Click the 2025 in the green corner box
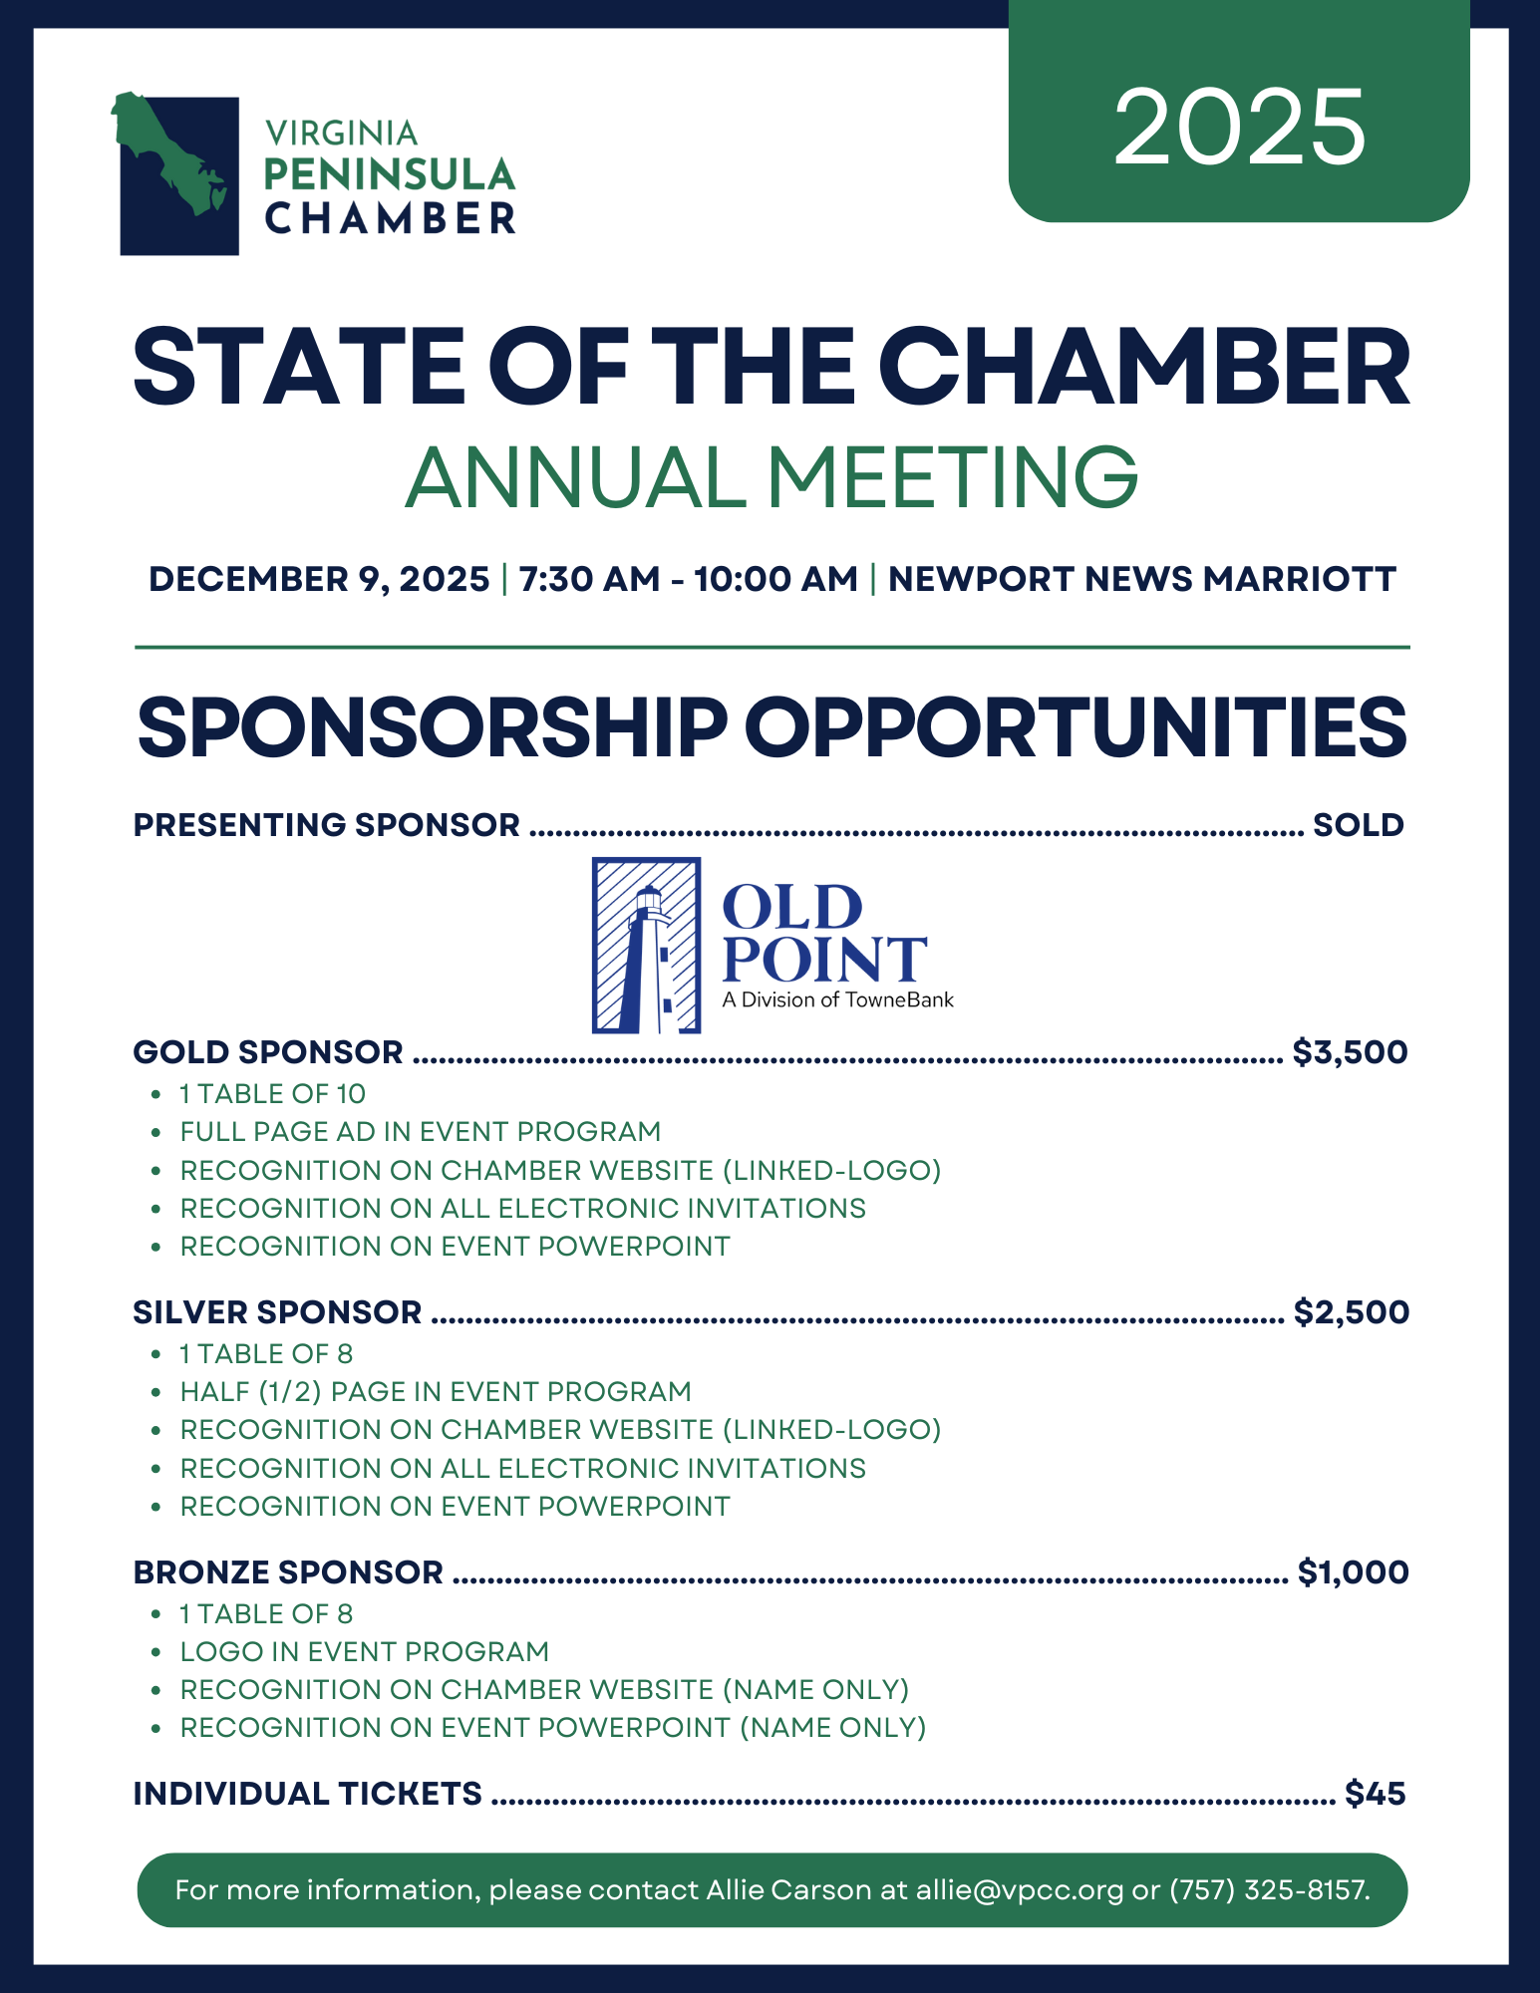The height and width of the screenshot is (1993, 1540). (1239, 127)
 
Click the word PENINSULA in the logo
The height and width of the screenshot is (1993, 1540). (389, 175)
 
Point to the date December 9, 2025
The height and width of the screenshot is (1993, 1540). (319, 579)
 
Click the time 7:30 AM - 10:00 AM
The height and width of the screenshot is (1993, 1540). (688, 579)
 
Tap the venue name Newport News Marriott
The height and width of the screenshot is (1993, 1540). (1141, 579)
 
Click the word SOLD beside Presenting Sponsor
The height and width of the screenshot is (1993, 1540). (1358, 825)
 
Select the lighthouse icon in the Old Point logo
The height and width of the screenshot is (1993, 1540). (647, 945)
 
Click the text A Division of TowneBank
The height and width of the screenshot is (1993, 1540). (837, 999)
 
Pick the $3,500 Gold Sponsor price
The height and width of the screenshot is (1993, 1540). (1350, 1052)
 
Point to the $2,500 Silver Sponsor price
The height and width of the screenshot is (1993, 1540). (1351, 1312)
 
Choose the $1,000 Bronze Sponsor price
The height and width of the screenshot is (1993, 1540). (1353, 1572)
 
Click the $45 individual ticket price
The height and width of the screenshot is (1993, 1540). (1375, 1794)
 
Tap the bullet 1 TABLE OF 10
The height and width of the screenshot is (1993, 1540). (272, 1094)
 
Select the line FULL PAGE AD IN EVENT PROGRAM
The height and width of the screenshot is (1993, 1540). (420, 1132)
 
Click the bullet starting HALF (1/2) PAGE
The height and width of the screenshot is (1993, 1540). (435, 1392)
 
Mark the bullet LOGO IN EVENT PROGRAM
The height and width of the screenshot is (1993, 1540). (364, 1652)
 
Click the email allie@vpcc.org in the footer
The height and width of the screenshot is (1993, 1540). (1020, 1890)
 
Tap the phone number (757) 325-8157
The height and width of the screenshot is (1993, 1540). (1269, 1890)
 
